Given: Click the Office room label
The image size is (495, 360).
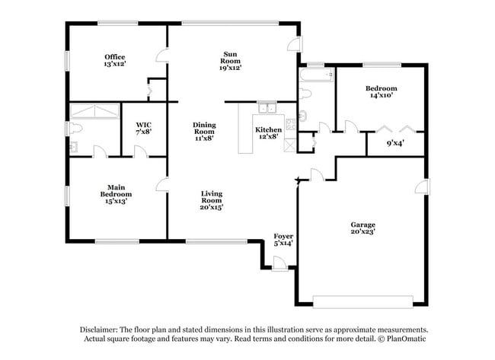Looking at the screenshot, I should coord(115,61).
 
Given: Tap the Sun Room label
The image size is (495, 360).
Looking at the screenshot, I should coord(229,61).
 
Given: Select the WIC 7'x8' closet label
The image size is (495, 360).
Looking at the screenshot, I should coord(144,129).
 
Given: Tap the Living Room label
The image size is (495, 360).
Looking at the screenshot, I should coord(212,199).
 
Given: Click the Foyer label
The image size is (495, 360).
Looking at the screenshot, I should coord(283,240).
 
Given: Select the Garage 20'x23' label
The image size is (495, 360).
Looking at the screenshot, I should coord(362,228).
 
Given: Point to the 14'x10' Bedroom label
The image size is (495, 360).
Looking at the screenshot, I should coord(383,92).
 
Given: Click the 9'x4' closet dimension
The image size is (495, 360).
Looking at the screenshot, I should coord(395,142).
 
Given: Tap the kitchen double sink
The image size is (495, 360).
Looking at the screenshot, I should coord(266,107).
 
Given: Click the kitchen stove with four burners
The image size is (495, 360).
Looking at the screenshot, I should coord(290,125).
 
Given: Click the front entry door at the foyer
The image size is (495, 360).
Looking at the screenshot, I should coord(280,264).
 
